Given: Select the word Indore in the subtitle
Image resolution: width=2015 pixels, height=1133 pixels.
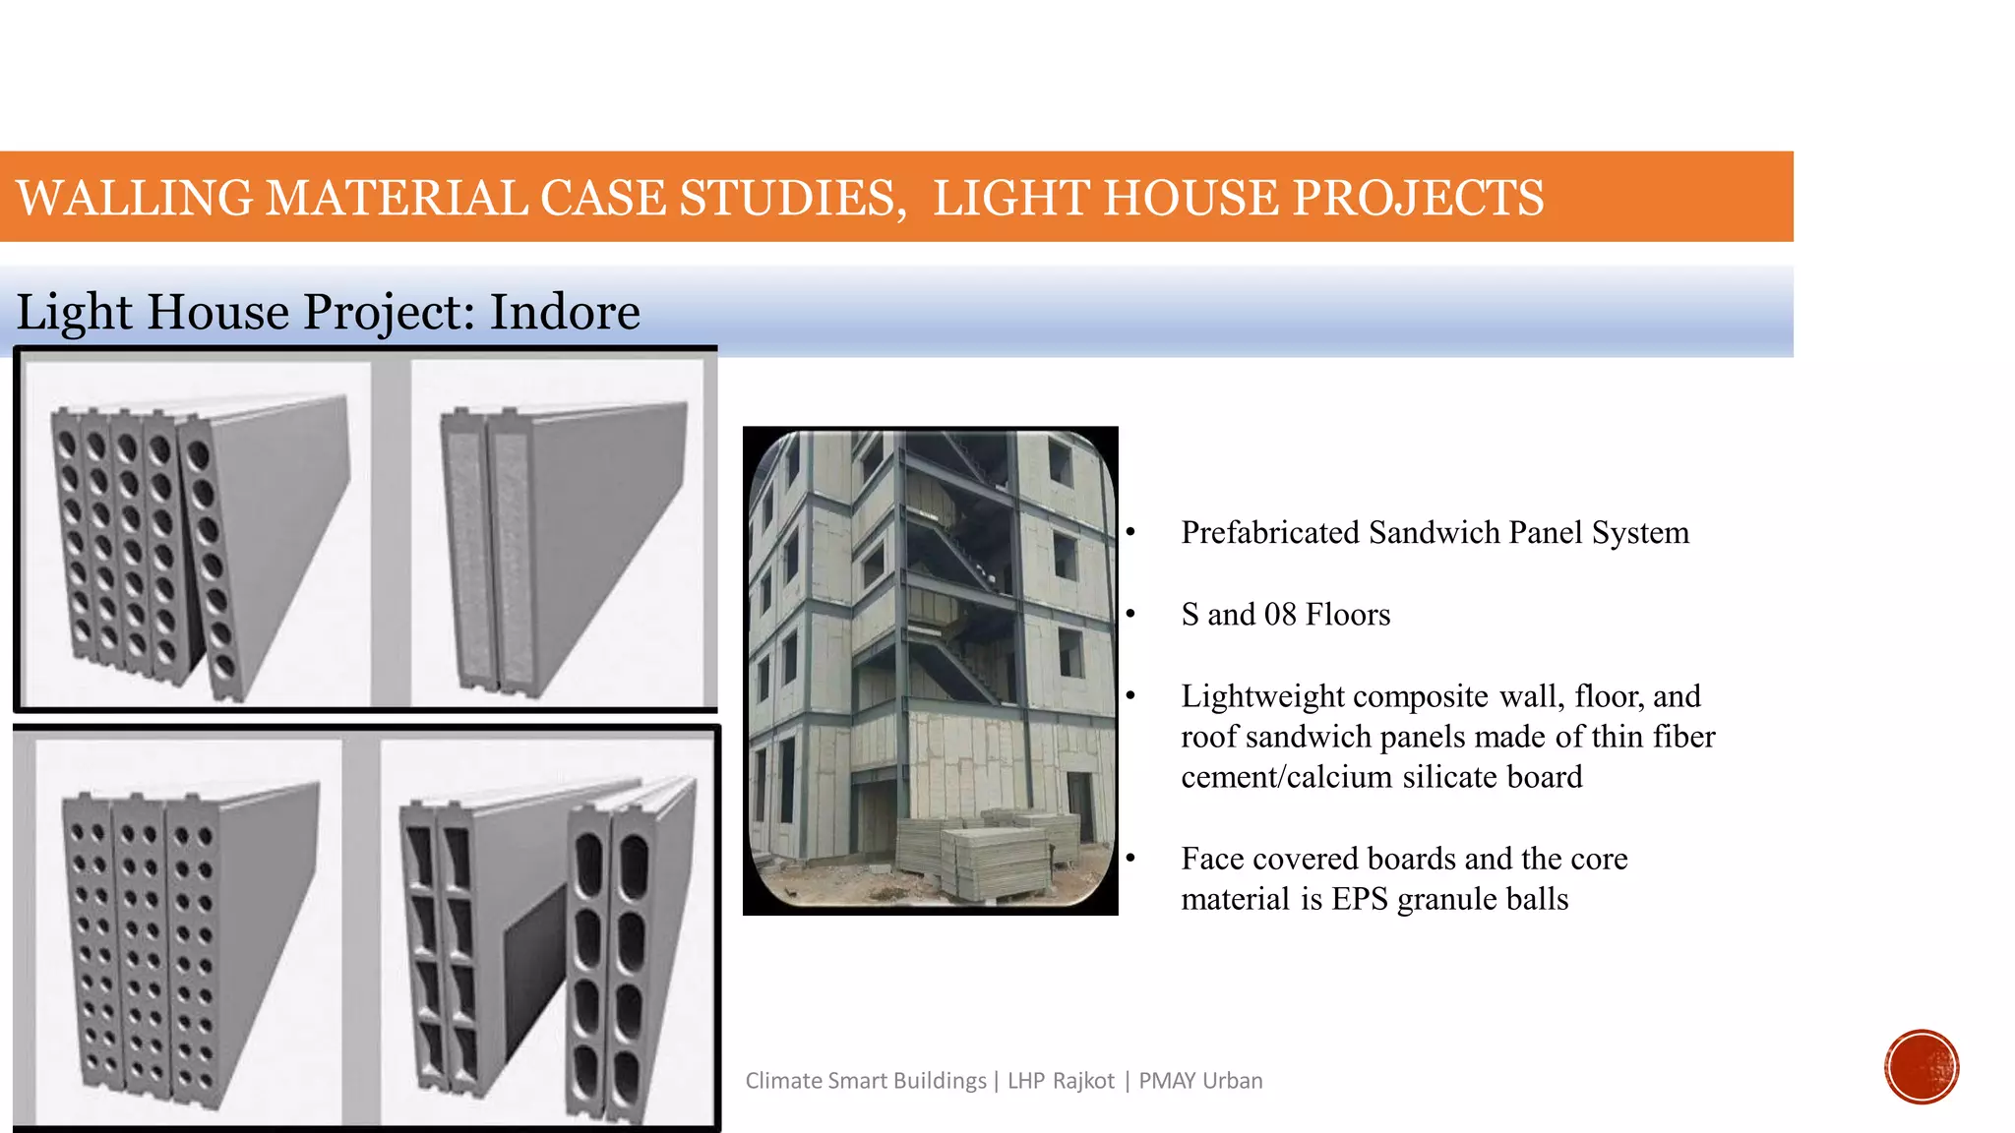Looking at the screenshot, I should click(565, 312).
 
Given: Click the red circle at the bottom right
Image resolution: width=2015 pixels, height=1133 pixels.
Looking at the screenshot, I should click(1922, 1066).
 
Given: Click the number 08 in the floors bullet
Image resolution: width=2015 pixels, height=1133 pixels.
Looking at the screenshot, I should click(1280, 615).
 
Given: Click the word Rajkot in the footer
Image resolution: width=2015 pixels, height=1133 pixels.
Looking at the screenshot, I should click(1083, 1081).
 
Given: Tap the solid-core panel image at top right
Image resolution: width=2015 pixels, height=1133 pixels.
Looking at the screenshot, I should click(557, 531).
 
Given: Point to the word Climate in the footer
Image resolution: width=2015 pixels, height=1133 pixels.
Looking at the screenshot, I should click(783, 1081).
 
